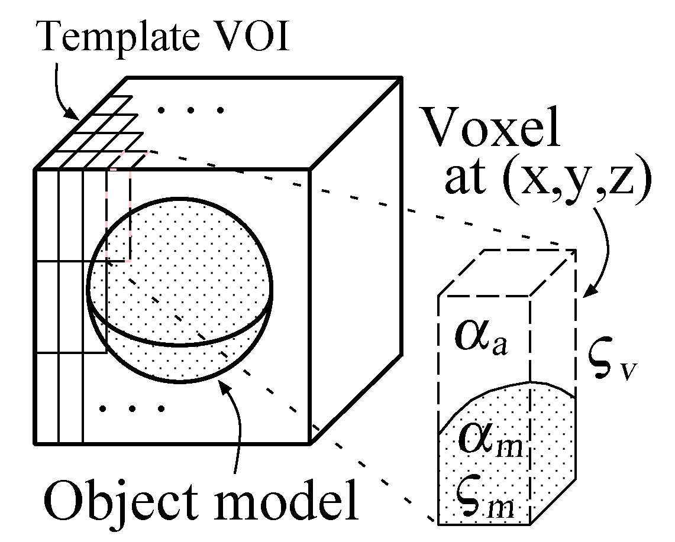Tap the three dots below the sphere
pyautogui.click(x=131, y=408)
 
